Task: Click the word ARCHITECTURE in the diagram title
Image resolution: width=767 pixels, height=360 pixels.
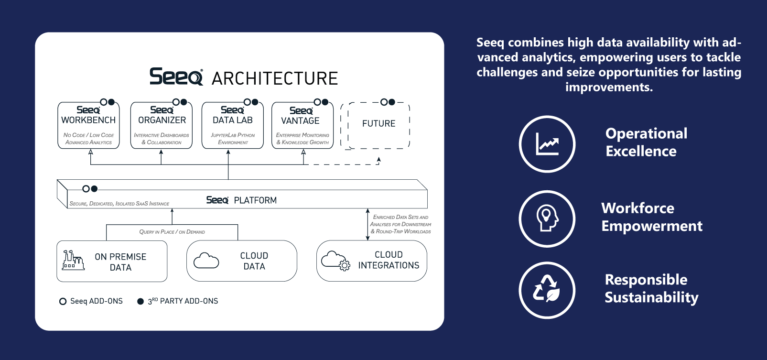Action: (x=275, y=78)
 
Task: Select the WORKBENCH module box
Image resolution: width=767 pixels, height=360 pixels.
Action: (x=88, y=126)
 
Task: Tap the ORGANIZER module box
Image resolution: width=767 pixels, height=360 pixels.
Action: (x=162, y=126)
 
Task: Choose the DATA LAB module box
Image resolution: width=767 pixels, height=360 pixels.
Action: (x=233, y=126)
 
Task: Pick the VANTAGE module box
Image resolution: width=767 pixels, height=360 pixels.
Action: (x=302, y=126)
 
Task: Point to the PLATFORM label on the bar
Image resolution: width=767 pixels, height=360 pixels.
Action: (x=255, y=200)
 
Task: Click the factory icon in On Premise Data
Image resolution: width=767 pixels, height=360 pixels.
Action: (x=73, y=261)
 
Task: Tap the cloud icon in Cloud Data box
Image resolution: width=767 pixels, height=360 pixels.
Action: (x=206, y=261)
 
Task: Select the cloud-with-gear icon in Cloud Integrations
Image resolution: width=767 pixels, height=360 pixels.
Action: (x=335, y=261)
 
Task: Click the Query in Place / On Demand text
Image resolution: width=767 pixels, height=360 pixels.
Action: (x=172, y=232)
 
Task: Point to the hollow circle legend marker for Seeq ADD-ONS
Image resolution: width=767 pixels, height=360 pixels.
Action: (x=63, y=301)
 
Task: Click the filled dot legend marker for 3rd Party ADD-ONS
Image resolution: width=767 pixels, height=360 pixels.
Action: (x=140, y=301)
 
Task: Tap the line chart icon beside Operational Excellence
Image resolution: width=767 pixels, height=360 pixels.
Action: (x=547, y=144)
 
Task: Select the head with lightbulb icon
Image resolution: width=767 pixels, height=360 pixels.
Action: (x=547, y=218)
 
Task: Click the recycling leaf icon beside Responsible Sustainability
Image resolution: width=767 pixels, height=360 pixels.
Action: (x=547, y=290)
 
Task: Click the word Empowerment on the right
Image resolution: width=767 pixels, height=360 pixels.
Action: (x=652, y=226)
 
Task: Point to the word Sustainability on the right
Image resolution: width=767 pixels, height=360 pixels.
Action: (x=651, y=297)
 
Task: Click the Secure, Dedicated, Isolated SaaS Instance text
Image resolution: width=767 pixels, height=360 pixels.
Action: (x=119, y=204)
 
